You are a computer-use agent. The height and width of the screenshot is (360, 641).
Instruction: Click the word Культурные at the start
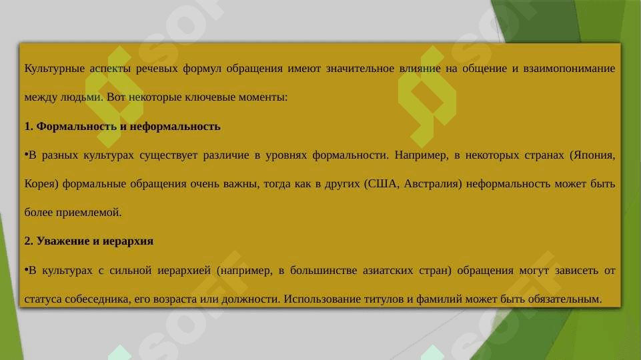coord(55,69)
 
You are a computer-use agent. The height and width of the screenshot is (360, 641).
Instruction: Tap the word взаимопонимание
coord(569,68)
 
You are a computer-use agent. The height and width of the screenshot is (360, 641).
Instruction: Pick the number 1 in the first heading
coord(27,126)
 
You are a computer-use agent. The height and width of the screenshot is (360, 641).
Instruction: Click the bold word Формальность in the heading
coord(77,126)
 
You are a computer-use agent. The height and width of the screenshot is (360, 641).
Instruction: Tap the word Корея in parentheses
coord(39,184)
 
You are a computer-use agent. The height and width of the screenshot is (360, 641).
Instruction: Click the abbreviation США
coord(383,183)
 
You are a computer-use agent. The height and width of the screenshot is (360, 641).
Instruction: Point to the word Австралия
coord(431,184)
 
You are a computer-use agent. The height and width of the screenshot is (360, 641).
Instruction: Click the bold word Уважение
coord(63,241)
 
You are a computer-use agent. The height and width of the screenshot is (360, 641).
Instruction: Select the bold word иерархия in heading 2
coord(127,241)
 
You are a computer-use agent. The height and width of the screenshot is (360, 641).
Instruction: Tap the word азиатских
coord(388,271)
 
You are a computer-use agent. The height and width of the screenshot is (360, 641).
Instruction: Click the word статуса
coord(43,299)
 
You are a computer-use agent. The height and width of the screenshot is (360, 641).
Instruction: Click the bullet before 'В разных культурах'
coord(26,153)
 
